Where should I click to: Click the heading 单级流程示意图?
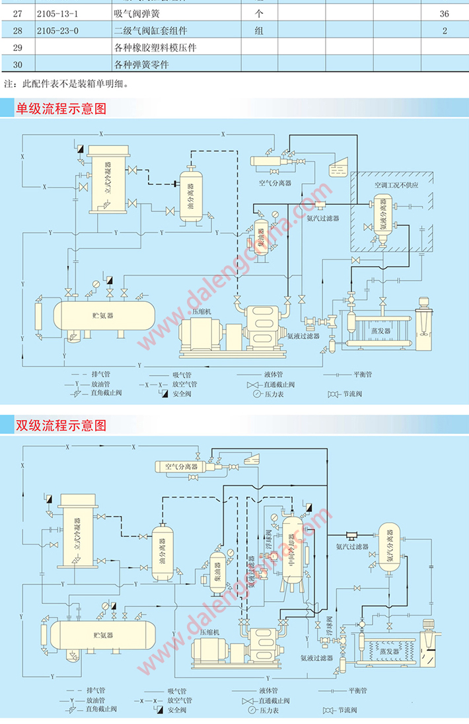(61, 108)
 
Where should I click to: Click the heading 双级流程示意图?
(61, 425)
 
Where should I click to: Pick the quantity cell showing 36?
(445, 14)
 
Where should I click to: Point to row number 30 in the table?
(17, 65)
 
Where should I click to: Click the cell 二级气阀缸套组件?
(151, 30)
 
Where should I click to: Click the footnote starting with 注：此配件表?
(66, 84)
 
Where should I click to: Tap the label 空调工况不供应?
(396, 186)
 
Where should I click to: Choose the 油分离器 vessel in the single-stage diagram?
(190, 196)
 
